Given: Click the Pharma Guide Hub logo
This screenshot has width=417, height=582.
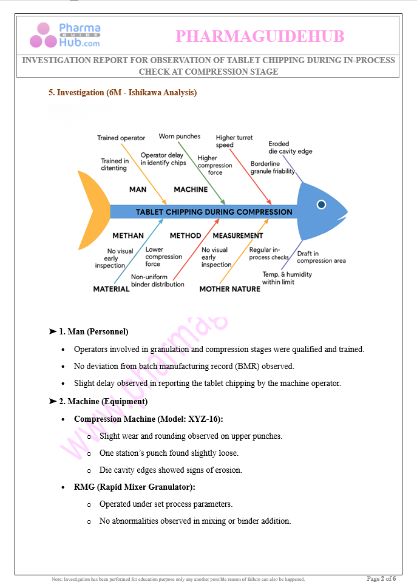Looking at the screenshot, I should [66, 35].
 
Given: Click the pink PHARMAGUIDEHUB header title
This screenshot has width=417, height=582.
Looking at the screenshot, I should [260, 37].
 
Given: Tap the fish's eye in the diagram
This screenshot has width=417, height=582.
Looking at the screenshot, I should [321, 205].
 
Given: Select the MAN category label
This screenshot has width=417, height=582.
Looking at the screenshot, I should [138, 189].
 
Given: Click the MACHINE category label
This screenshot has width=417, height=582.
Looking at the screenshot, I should [191, 189].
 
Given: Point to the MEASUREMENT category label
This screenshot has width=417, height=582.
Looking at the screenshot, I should [238, 235].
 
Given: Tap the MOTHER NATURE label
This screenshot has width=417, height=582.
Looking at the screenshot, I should [229, 289].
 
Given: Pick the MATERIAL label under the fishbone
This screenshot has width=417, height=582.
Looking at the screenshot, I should [111, 289].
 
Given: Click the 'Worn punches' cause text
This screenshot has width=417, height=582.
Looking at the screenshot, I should [180, 137].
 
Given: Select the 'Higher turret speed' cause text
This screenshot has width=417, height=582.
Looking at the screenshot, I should [234, 141].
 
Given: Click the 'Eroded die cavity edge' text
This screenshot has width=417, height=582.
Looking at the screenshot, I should [290, 147].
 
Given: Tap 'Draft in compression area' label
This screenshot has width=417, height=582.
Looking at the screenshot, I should [321, 257].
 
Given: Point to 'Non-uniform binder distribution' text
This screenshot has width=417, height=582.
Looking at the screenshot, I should [158, 280].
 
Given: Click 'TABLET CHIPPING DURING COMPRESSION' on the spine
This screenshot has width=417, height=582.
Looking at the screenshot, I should [214, 212].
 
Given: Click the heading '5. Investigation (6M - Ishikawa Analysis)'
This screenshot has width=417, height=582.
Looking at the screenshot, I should [123, 93].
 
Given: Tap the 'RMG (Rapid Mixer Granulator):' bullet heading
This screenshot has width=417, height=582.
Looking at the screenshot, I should [134, 487].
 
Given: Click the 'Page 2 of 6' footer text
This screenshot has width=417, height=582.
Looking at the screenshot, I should [381, 578].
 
